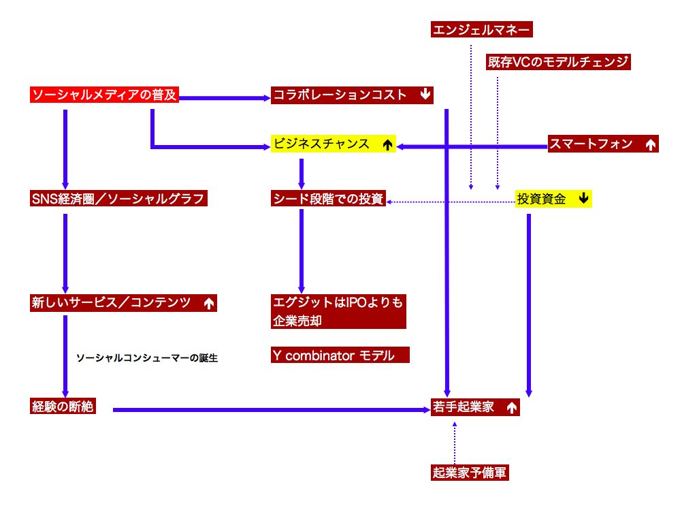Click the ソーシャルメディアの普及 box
pyautogui.click(x=104, y=95)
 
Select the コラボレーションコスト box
pyautogui.click(x=352, y=95)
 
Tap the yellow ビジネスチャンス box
pyautogui.click(x=333, y=144)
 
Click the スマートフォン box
pyautogui.click(x=602, y=144)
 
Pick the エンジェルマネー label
pyautogui.click(x=482, y=29)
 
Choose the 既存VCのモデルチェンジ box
pyautogui.click(x=558, y=62)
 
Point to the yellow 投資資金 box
pyautogui.click(x=553, y=199)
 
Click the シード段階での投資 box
pyautogui.click(x=328, y=199)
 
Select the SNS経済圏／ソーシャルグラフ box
pyautogui.click(x=118, y=199)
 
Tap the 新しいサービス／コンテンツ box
pyautogui.click(x=123, y=303)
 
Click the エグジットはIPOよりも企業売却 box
pyautogui.click(x=338, y=312)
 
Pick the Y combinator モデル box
pyautogui.click(x=340, y=355)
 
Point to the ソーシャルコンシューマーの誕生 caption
pyautogui.click(x=147, y=358)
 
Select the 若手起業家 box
pyautogui.click(x=474, y=407)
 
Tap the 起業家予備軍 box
pyautogui.click(x=470, y=473)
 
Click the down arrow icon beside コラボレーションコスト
pyautogui.click(x=425, y=95)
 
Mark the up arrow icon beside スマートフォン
pyautogui.click(x=650, y=144)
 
